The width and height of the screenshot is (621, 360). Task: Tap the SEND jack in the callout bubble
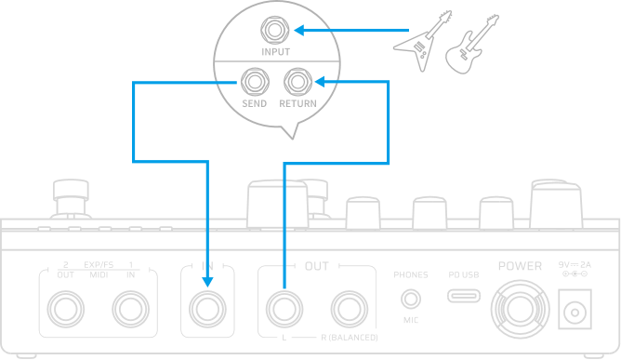coord(254,81)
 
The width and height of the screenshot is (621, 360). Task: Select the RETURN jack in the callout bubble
coord(297,81)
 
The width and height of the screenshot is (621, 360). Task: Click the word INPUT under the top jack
coord(275,52)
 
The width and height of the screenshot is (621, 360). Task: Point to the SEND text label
coord(254,103)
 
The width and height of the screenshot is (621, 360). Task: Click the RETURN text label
coord(297,103)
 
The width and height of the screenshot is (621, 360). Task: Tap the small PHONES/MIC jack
coord(410,298)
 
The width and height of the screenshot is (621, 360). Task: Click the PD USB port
coord(463,297)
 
